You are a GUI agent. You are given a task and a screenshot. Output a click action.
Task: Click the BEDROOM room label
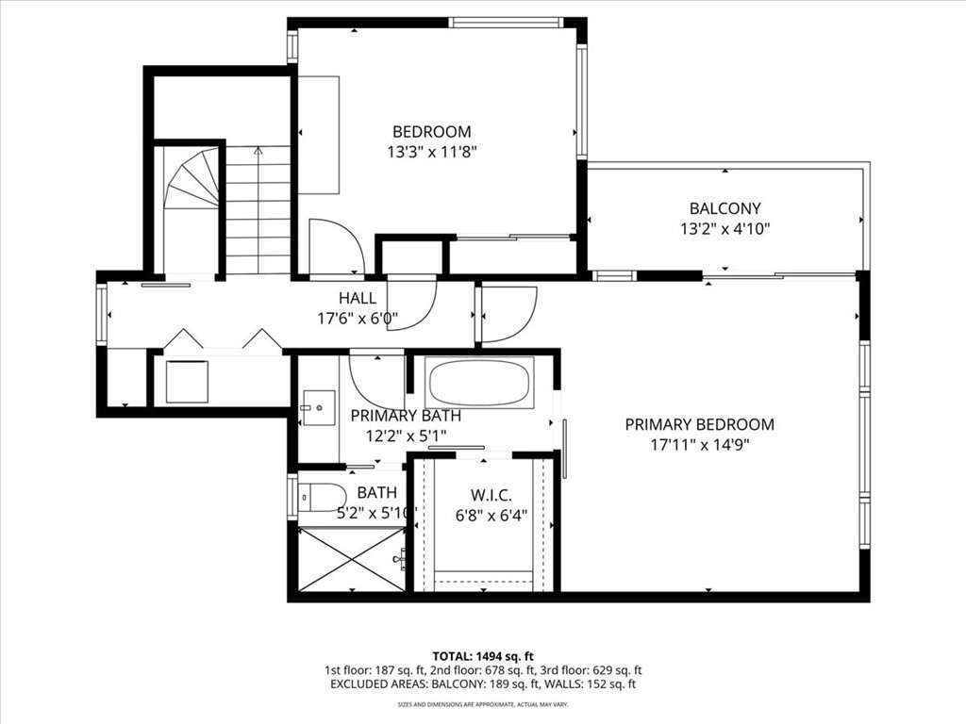tap(431, 132)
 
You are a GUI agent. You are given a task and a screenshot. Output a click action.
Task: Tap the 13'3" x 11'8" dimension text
tap(431, 153)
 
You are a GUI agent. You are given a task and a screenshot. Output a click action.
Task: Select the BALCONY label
tap(724, 208)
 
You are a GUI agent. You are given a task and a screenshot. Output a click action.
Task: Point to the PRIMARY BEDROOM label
tap(699, 425)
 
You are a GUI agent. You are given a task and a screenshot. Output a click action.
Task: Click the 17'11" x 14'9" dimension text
tap(699, 446)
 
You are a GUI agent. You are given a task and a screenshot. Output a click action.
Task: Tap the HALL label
tap(358, 298)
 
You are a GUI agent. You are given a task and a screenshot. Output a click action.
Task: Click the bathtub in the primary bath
tap(479, 382)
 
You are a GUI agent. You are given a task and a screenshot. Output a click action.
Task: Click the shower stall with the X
tap(350, 560)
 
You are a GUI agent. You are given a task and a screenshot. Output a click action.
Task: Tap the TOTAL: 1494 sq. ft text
tap(483, 655)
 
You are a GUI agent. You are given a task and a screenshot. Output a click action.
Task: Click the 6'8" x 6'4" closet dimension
tap(491, 516)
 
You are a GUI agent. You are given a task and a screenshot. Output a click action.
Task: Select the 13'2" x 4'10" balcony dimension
tap(724, 229)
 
